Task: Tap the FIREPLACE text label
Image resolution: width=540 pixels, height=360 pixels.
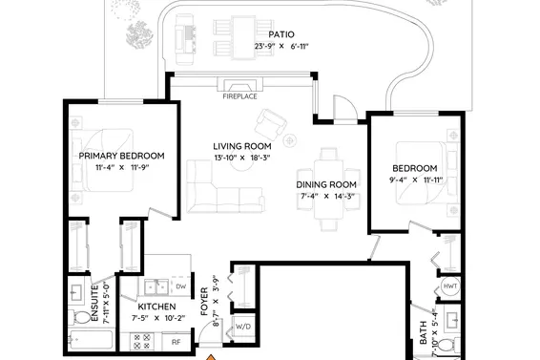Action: pos(239,95)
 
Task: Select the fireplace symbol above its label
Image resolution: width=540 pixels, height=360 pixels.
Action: pos(239,84)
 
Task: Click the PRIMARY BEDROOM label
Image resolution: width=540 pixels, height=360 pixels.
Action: pos(122,156)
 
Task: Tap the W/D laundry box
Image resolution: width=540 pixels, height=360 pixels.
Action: pos(243,326)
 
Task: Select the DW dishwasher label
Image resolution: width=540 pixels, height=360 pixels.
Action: pos(180,286)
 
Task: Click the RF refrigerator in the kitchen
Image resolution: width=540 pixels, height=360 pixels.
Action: pos(176,341)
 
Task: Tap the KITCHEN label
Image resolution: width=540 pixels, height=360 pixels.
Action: pos(156,307)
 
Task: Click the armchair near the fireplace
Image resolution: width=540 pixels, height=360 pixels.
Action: pos(274,121)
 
